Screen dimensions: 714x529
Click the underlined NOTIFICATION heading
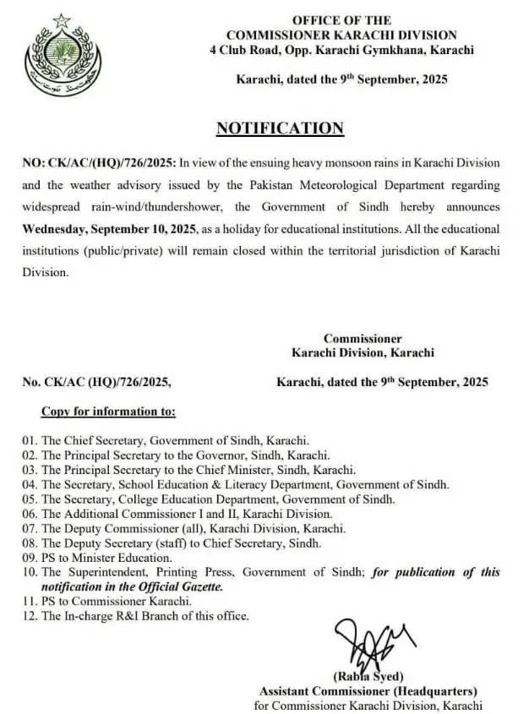pyautogui.click(x=280, y=128)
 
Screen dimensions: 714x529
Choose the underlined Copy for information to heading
pyautogui.click(x=108, y=412)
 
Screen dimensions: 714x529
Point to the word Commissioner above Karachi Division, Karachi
pyautogui.click(x=363, y=339)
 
